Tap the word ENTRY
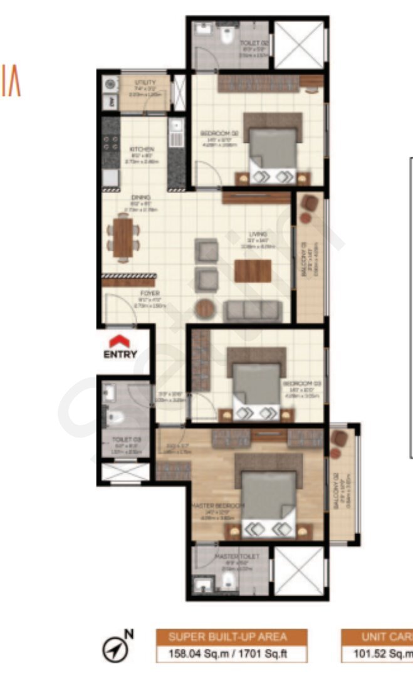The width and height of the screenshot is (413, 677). (120, 355)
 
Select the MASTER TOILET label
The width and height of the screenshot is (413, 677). (233, 556)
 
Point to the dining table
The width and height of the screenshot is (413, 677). (124, 236)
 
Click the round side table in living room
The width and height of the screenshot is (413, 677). (206, 309)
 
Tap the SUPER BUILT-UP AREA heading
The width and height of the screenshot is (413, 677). (231, 638)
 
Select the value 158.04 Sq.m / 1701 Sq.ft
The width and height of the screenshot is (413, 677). (231, 653)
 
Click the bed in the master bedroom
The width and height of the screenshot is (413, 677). (269, 501)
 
